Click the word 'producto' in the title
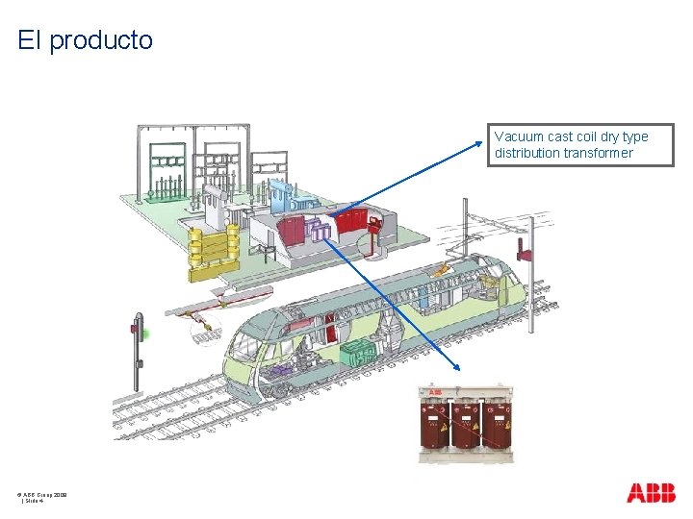pyautogui.click(x=100, y=40)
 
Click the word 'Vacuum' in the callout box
pyautogui.click(x=518, y=136)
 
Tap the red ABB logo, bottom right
pyautogui.click(x=651, y=494)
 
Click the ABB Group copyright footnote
pyautogui.click(x=41, y=494)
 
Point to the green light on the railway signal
pyautogui.click(x=144, y=334)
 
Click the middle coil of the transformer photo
pyautogui.click(x=466, y=424)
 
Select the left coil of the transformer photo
pyautogui.click(x=435, y=424)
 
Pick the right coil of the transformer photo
pyautogui.click(x=497, y=424)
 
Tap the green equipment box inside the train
pyautogui.click(x=358, y=351)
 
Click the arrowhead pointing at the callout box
pyautogui.click(x=484, y=143)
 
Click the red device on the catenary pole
pyautogui.click(x=526, y=247)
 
